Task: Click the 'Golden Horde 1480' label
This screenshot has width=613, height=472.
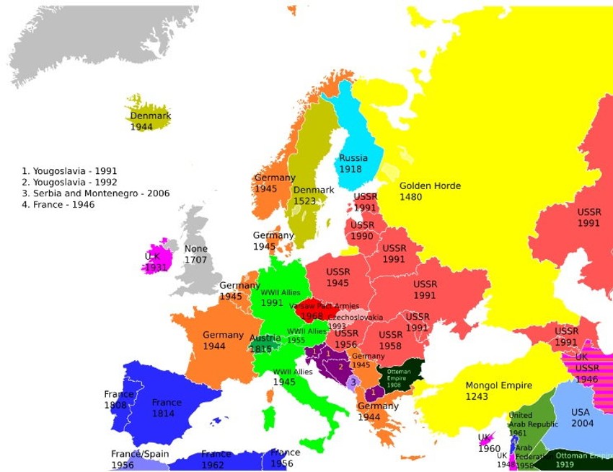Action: click(x=430, y=191)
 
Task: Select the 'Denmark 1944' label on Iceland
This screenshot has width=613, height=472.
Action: click(x=150, y=121)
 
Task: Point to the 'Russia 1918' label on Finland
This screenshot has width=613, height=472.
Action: click(x=353, y=163)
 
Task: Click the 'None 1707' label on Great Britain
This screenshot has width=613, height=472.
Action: click(x=195, y=254)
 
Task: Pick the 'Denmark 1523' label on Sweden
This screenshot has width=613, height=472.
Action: click(x=314, y=196)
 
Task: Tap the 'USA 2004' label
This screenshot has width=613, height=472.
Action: click(x=582, y=418)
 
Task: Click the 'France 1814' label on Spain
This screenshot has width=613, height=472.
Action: click(x=167, y=408)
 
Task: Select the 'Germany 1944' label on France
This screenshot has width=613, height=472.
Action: click(x=223, y=341)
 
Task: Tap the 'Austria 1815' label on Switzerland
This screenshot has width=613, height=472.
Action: click(x=265, y=344)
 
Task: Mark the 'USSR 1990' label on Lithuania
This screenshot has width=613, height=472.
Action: click(x=362, y=230)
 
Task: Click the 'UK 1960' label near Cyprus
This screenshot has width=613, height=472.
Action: click(x=488, y=442)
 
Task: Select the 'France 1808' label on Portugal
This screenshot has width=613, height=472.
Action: click(x=118, y=400)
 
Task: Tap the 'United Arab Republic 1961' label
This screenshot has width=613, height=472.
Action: click(x=533, y=424)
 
